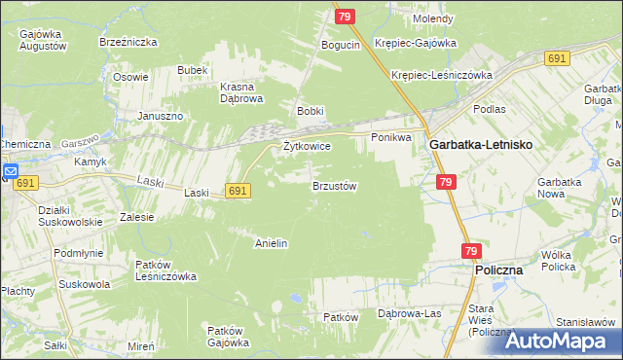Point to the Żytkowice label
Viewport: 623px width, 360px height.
(307, 146)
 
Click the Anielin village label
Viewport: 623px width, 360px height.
(271, 243)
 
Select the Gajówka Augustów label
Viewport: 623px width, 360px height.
(42, 40)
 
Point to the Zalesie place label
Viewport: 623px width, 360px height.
(136, 217)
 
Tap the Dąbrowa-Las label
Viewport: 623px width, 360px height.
(409, 313)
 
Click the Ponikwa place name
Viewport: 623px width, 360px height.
(391, 137)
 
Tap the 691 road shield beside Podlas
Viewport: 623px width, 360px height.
(557, 59)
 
